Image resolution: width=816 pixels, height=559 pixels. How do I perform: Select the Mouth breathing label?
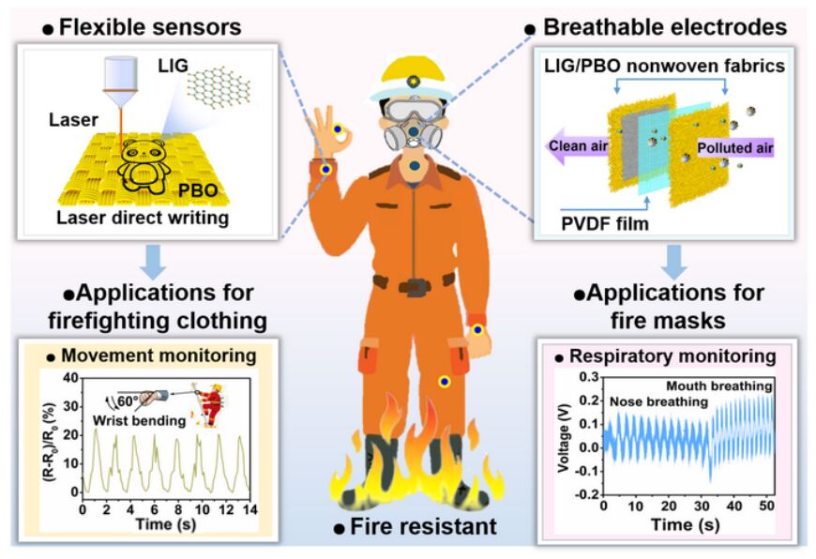(719, 385)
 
